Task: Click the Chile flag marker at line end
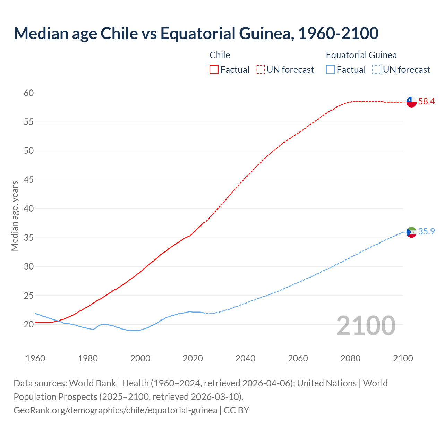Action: [411, 102]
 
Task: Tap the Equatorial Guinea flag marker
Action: [411, 232]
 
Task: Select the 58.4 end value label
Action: [426, 102]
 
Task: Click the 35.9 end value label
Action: [426, 232]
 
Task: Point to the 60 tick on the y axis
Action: [29, 93]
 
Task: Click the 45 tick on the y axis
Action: [29, 180]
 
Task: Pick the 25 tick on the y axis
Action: [29, 296]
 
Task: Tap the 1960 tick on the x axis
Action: [35, 358]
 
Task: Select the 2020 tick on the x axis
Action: [193, 358]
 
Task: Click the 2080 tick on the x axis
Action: [350, 358]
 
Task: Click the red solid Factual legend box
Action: [214, 70]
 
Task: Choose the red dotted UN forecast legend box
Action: [260, 70]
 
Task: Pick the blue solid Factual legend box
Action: [331, 70]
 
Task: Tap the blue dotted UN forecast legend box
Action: [376, 70]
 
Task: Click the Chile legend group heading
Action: [220, 55]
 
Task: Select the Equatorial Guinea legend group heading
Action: [361, 55]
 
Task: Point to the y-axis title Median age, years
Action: [15, 216]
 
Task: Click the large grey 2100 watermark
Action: [366, 326]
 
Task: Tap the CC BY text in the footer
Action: [236, 410]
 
